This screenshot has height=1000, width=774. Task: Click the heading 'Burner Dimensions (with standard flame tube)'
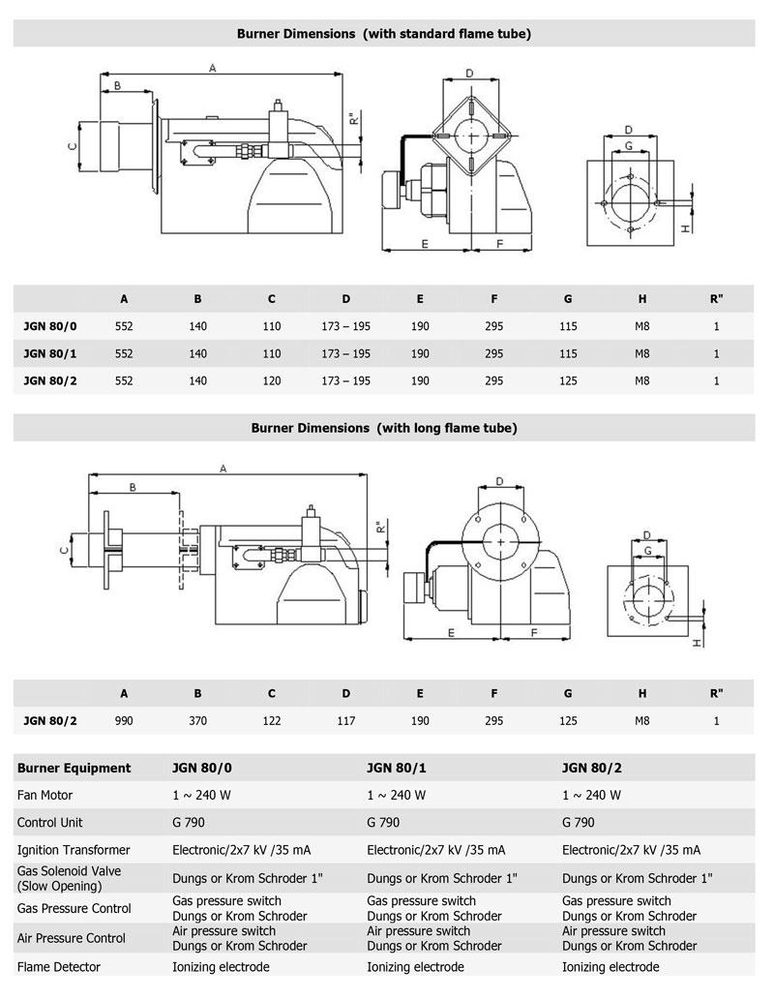(x=384, y=33)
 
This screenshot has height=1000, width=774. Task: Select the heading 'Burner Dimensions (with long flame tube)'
(x=384, y=427)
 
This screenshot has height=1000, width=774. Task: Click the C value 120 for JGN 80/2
(x=272, y=380)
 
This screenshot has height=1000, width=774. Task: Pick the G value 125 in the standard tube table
(x=568, y=380)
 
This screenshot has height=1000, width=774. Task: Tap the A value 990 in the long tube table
(x=124, y=720)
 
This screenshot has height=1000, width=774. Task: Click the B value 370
(x=198, y=720)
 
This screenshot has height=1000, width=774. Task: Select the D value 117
(x=345, y=720)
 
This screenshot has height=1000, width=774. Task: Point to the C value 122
(x=272, y=720)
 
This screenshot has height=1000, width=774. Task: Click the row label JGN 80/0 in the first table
(x=50, y=326)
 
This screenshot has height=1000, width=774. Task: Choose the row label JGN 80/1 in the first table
(x=50, y=353)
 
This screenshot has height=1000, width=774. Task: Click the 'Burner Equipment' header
(x=74, y=768)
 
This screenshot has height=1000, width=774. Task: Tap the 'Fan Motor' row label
(x=45, y=795)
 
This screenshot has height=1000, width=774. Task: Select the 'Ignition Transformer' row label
(x=74, y=850)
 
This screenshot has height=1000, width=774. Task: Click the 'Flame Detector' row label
(x=59, y=966)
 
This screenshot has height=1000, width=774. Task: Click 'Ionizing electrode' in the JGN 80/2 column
(x=610, y=966)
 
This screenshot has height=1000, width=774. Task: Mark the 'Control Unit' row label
(x=50, y=823)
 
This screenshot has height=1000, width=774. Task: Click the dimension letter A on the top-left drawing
(x=212, y=67)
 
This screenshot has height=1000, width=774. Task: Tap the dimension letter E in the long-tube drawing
(x=451, y=632)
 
